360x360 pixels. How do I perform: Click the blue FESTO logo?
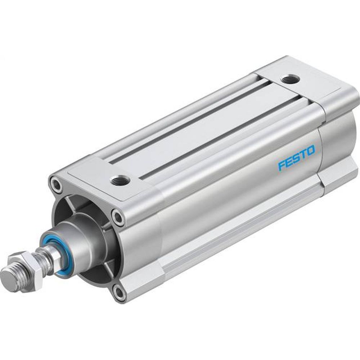pos(296,157)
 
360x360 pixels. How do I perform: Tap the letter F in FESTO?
pos(282,166)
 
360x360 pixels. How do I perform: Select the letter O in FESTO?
pos(310,149)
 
